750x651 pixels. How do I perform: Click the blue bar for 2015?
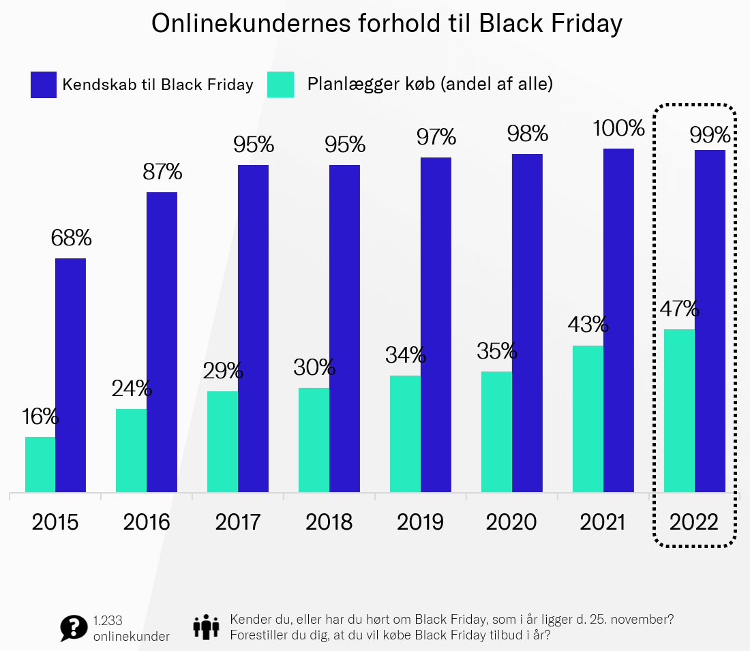[70, 375]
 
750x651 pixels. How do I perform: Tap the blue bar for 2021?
[618, 320]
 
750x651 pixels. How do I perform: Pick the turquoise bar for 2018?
[314, 440]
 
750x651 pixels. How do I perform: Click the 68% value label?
[71, 238]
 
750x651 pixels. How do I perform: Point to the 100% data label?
[618, 128]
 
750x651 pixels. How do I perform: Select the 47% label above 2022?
[679, 309]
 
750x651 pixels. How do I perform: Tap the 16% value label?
[40, 416]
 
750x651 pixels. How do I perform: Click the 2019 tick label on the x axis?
[421, 522]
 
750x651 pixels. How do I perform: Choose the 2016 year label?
[147, 522]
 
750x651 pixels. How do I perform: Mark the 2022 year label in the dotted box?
[694, 522]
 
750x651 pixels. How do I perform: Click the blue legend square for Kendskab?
[43, 85]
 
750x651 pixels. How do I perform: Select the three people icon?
[206, 626]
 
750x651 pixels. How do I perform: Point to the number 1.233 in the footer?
[108, 621]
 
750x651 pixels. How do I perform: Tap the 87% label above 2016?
[162, 172]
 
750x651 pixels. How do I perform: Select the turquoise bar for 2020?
[496, 432]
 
